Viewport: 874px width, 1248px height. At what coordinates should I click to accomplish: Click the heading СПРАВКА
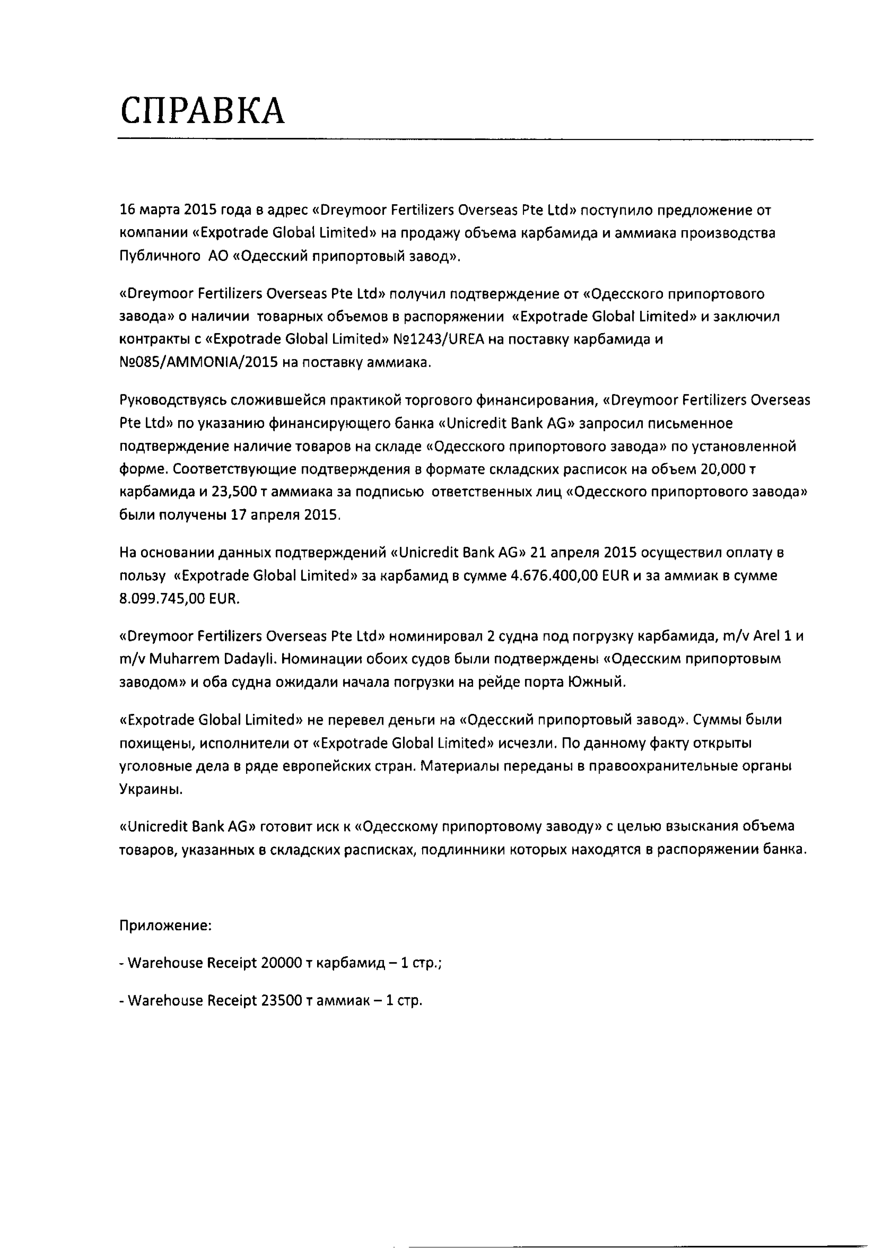pos(202,111)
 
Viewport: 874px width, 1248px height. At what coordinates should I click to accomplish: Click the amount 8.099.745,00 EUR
pos(179,598)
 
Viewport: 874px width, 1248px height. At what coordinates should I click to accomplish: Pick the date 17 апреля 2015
pos(285,514)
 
